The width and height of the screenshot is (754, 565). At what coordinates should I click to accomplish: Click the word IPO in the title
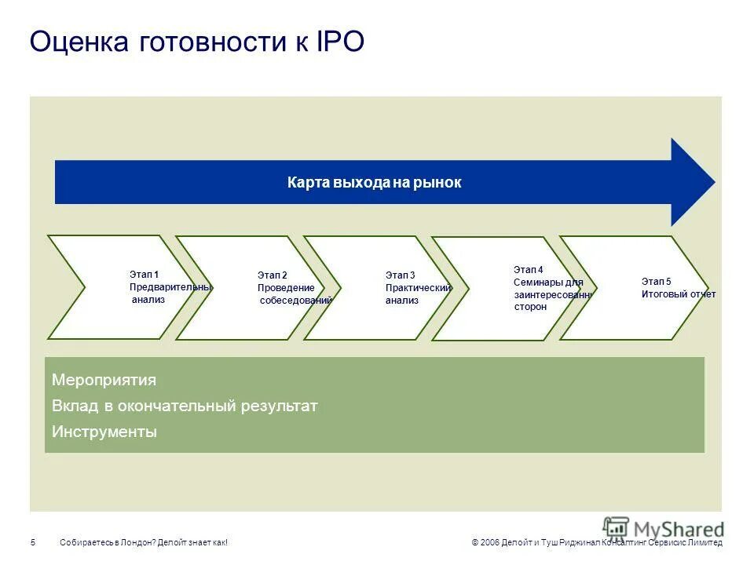click(x=340, y=42)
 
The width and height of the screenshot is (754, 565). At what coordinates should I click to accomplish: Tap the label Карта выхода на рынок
click(x=374, y=183)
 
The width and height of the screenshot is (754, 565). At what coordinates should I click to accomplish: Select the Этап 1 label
click(x=144, y=274)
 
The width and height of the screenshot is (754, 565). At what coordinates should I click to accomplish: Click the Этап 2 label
click(x=272, y=275)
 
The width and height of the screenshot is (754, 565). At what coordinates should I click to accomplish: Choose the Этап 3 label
click(x=400, y=275)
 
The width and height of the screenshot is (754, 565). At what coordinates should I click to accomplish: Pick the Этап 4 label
click(x=528, y=269)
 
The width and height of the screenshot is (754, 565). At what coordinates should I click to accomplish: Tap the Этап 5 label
click(x=656, y=281)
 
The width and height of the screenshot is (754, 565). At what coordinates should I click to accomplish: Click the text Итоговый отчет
click(x=678, y=294)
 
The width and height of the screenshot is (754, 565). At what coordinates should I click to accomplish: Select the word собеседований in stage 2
click(x=295, y=301)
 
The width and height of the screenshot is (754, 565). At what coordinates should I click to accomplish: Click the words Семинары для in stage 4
click(x=548, y=282)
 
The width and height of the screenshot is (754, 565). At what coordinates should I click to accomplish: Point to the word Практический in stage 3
click(x=418, y=288)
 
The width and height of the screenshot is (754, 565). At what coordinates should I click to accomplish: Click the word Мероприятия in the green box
click(x=104, y=381)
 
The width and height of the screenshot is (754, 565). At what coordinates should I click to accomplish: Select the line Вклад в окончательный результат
click(x=185, y=406)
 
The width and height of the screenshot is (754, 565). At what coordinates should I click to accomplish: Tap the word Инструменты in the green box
click(x=104, y=432)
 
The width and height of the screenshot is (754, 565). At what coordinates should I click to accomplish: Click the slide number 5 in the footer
click(x=33, y=543)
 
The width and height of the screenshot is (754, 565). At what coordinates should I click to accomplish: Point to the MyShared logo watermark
click(x=664, y=528)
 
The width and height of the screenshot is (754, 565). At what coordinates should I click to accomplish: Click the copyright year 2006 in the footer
click(x=489, y=543)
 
